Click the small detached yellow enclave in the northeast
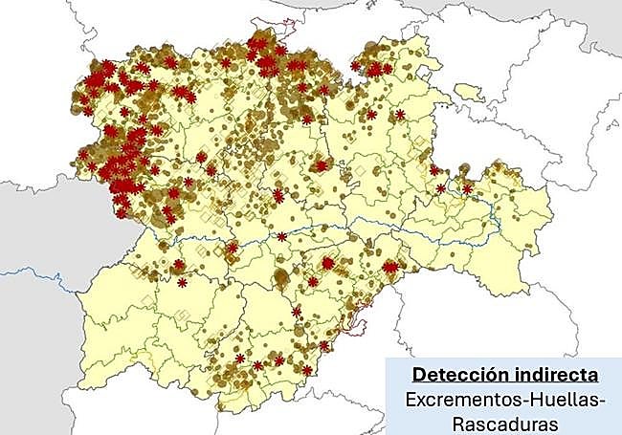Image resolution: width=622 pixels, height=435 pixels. pyautogui.click(x=469, y=92)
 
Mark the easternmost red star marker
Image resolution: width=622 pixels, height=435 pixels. pyautogui.click(x=467, y=188)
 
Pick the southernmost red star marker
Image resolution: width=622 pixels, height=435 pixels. pyautogui.click(x=306, y=370)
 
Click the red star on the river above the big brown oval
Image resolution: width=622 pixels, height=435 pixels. pyautogui.click(x=281, y=237)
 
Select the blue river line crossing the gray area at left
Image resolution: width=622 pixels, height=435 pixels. pyautogui.click(x=38, y=273)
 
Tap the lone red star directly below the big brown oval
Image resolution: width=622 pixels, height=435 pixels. pyautogui.click(x=296, y=312)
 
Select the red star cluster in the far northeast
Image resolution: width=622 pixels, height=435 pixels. pyautogui.click(x=374, y=68)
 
